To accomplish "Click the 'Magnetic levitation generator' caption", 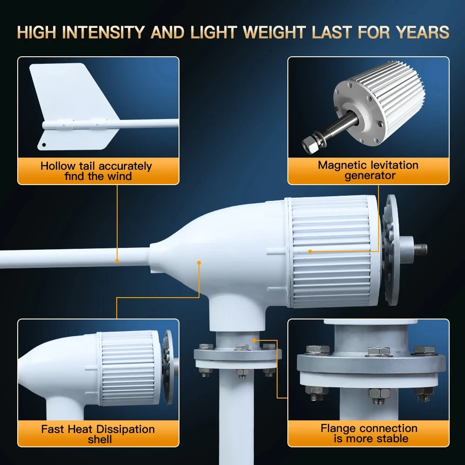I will pos(368,170).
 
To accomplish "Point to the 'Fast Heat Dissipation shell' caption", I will pos(98,434).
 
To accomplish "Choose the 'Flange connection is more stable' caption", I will pos(368,433).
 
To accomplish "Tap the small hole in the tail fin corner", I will pos(44,145).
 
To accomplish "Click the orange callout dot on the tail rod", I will pos(118,260).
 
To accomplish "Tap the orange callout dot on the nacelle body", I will pos(199,263).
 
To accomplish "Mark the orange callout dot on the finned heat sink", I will pos(310,252).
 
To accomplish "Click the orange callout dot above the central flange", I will pos(254,340).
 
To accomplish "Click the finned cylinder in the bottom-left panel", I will pos(128,367).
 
